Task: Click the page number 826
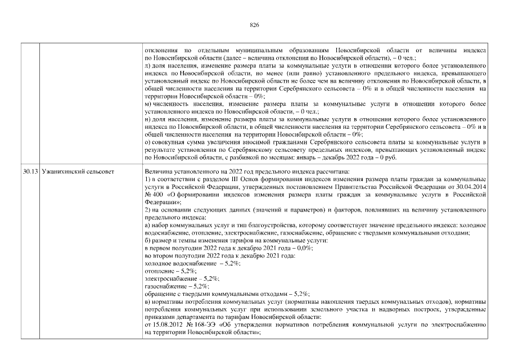(254, 25)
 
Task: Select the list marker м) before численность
(148, 105)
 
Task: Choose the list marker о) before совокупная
(148, 143)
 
